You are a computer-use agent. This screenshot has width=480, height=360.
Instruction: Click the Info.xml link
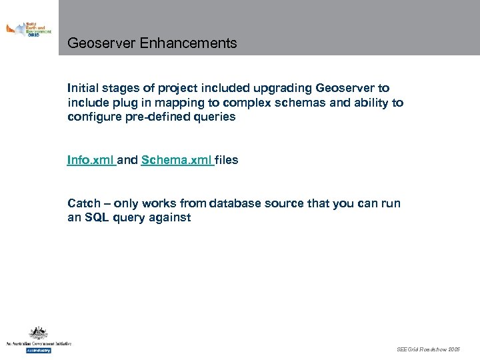pyautogui.click(x=91, y=160)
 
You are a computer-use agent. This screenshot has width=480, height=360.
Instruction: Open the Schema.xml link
pyautogui.click(x=177, y=160)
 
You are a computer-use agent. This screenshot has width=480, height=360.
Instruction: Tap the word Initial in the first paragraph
pyautogui.click(x=82, y=88)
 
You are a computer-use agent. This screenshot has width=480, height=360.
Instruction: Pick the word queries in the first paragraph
pyautogui.click(x=211, y=117)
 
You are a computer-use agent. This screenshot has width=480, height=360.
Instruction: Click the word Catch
pyautogui.click(x=84, y=203)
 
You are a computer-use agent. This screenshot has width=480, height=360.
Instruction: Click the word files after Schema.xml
pyautogui.click(x=227, y=160)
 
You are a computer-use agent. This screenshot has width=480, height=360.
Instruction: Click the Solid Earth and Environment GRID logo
pyautogui.click(x=29, y=30)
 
